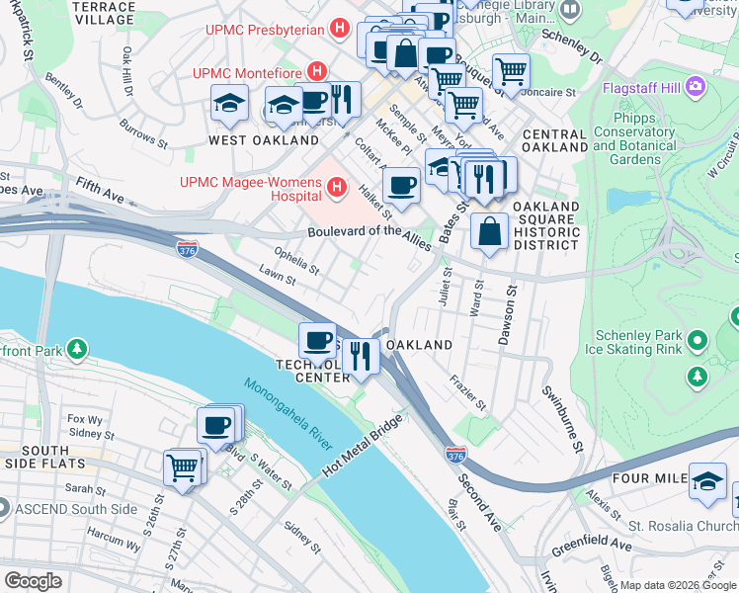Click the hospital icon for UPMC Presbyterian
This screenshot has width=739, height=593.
point(340,30)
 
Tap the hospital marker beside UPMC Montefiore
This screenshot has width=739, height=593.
point(317,72)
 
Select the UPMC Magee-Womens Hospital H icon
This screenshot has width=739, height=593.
point(338,186)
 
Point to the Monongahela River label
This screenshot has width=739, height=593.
point(287,414)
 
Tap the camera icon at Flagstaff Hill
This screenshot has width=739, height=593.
point(696,87)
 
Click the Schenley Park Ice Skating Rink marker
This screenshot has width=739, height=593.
point(698,341)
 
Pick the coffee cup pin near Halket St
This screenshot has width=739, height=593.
point(401,185)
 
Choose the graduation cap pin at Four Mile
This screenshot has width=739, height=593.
point(707,480)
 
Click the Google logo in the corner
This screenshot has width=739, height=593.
point(34,581)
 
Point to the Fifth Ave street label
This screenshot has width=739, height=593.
point(100,192)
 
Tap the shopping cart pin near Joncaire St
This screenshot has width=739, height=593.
point(510,71)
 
